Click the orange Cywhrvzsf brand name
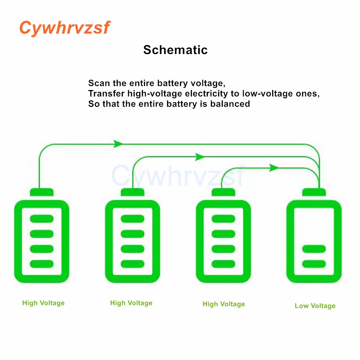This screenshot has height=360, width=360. (x=64, y=28)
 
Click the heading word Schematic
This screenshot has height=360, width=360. (x=175, y=50)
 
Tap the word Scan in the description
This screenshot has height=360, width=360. (x=99, y=83)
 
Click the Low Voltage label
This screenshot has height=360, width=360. (x=315, y=306)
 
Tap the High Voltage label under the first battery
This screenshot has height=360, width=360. (x=43, y=303)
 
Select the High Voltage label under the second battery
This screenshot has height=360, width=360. (x=131, y=303)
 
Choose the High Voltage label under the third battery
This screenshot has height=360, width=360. (x=224, y=304)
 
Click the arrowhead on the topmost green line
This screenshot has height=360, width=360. (x=118, y=144)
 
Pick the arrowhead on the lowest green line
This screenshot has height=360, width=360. (x=274, y=168)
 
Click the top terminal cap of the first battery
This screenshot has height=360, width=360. (x=42, y=192)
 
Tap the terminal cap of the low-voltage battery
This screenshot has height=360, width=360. (x=314, y=192)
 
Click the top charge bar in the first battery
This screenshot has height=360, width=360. (x=42, y=219)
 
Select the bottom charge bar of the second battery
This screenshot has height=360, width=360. (x=132, y=264)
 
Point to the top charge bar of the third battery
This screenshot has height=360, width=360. (x=223, y=219)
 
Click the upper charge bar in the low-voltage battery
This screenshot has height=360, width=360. (x=314, y=249)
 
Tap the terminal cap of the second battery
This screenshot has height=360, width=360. (x=132, y=192)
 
